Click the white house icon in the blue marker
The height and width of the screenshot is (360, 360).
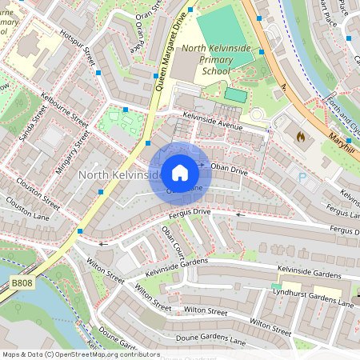180,172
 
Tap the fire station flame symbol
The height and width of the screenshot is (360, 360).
301,138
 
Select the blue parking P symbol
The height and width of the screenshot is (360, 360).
302,178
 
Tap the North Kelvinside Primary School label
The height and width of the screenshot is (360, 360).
217,59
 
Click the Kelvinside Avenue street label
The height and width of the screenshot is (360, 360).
212,122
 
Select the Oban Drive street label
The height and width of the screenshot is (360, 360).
230,170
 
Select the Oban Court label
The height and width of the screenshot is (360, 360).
172,240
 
